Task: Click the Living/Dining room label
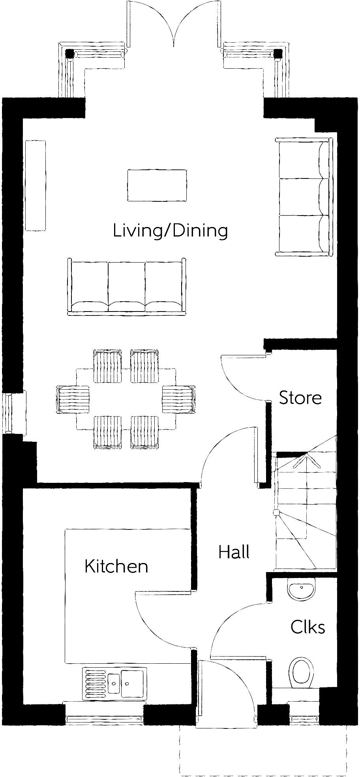point(170,231)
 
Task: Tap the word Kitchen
point(116,566)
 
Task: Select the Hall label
point(234,552)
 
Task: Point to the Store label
point(300,398)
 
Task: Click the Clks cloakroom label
point(307,627)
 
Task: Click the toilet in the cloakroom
point(302,671)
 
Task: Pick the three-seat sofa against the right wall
point(303,197)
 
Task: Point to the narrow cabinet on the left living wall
point(35,186)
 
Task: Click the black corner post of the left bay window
point(70,53)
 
